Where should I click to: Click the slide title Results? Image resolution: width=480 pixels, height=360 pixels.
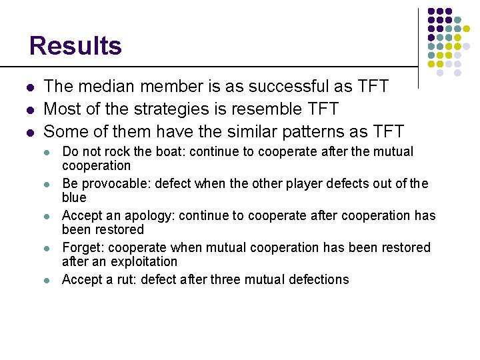75,46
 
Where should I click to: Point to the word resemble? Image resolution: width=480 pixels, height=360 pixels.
269,108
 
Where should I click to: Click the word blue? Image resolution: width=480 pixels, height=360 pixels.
74,197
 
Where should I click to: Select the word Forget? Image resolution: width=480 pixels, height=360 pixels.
79,248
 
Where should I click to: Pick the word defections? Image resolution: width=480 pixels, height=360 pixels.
320,279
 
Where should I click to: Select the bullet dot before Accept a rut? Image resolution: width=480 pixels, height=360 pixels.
47,280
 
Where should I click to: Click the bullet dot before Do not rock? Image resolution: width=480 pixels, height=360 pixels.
47,153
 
